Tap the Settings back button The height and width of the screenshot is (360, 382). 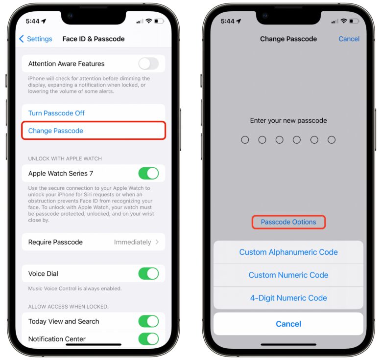coord(35,39)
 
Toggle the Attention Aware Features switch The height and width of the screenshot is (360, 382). coord(148,64)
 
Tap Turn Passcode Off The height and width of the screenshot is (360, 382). coord(56,113)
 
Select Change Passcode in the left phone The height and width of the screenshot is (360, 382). coord(56,131)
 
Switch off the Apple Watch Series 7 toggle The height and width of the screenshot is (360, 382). coord(148,173)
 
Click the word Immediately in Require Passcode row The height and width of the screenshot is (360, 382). coord(132,242)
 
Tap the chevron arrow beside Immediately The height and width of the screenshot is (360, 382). coord(157,242)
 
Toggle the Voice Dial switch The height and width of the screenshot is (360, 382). coord(148,273)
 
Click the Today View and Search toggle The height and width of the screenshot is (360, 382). coord(148,321)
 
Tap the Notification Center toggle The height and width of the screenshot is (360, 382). coord(148,338)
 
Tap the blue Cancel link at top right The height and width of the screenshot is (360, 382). coord(349,39)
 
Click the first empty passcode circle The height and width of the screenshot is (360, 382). coord(245,140)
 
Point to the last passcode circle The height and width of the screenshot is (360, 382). coord(332,140)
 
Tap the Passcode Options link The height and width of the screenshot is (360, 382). coord(288,222)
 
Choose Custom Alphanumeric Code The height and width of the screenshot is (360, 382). coord(288,252)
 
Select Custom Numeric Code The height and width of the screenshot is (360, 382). coord(288,275)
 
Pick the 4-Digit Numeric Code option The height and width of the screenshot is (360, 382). coord(288,298)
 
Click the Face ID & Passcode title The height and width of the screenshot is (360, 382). coord(94,39)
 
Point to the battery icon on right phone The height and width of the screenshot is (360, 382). coord(354,22)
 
